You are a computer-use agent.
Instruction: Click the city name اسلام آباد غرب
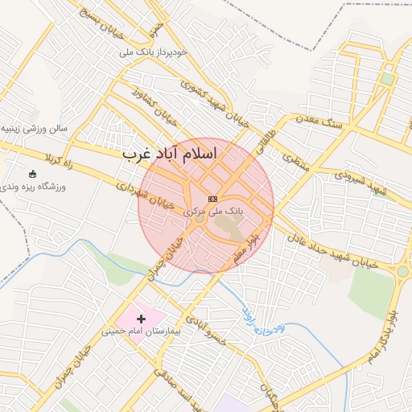pyautogui.click(x=183, y=154)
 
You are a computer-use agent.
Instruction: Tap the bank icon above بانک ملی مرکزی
pyautogui.click(x=212, y=199)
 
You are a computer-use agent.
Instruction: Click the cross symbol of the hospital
pyautogui.click(x=142, y=319)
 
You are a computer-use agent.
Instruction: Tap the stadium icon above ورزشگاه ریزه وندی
pyautogui.click(x=32, y=175)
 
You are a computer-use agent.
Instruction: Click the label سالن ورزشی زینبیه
pyautogui.click(x=32, y=128)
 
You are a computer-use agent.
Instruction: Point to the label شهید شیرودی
pyautogui.click(x=360, y=181)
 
